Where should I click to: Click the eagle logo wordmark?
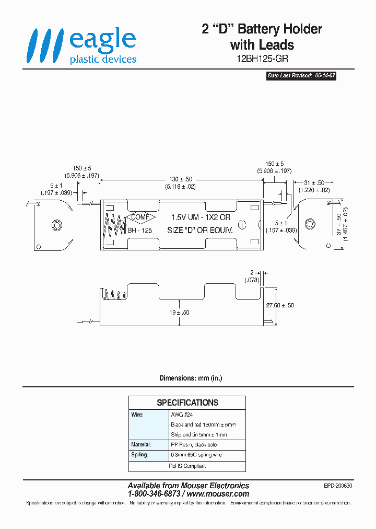click(103, 40)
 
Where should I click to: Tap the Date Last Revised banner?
click(301, 76)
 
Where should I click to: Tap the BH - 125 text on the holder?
click(139, 230)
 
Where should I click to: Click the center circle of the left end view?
click(56, 225)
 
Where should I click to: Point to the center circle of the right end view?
click(310, 224)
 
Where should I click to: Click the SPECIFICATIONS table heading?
click(187, 402)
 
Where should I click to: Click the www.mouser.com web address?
click(218, 493)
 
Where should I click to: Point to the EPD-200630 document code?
click(338, 486)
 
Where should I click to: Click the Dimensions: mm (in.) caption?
click(187, 378)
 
